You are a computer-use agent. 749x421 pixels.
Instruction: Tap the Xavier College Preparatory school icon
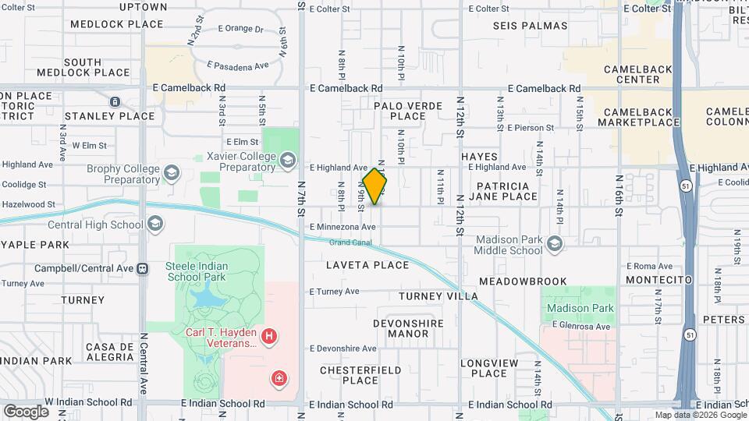click(x=287, y=161)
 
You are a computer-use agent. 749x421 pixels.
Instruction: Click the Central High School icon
click(x=154, y=225)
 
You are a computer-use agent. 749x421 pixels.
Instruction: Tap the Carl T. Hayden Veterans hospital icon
click(x=269, y=337)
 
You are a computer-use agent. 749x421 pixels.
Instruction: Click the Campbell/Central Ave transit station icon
click(x=142, y=268)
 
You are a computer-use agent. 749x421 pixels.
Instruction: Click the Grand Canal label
click(x=348, y=242)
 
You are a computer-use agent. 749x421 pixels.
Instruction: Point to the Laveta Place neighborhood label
click(x=368, y=265)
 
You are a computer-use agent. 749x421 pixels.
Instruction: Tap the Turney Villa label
click(x=438, y=296)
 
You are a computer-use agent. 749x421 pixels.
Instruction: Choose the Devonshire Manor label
click(x=408, y=328)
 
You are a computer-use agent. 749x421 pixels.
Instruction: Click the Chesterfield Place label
click(x=360, y=375)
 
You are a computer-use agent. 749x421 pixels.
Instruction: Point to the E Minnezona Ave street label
click(x=343, y=227)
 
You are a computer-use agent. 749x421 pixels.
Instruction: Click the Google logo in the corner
click(x=26, y=411)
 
